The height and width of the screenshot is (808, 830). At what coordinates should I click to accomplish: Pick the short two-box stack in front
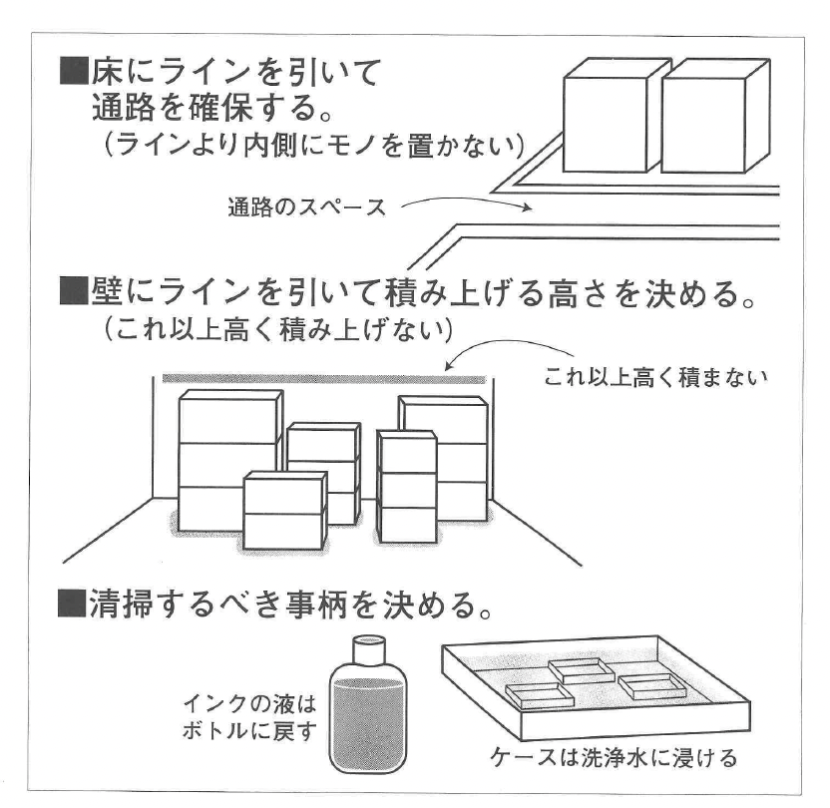pyautogui.click(x=284, y=512)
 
